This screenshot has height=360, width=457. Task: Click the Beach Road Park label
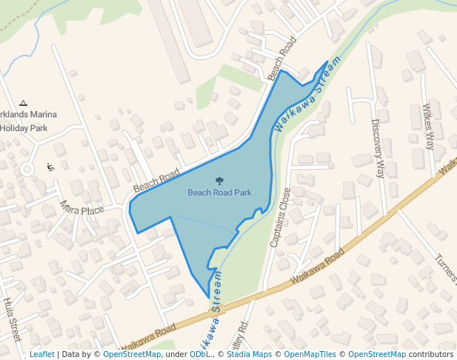(x=219, y=193)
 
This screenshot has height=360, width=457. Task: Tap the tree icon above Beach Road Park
(x=219, y=181)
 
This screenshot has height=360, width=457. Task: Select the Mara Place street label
(x=81, y=207)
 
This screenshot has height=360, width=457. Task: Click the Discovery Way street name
(x=378, y=148)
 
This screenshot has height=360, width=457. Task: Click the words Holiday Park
(x=24, y=128)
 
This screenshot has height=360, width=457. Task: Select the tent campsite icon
(x=24, y=103)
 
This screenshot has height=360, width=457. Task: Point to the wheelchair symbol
(x=50, y=167)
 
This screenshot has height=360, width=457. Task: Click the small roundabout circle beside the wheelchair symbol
(x=27, y=170)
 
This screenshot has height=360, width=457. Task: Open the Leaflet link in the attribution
(x=41, y=354)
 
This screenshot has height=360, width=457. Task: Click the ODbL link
(x=200, y=354)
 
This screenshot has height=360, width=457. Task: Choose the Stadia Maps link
(x=248, y=354)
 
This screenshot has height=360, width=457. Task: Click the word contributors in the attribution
(x=431, y=354)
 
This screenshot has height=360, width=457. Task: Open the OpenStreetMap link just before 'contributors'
(x=377, y=354)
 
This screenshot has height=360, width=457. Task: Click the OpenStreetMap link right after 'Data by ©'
(x=132, y=354)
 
